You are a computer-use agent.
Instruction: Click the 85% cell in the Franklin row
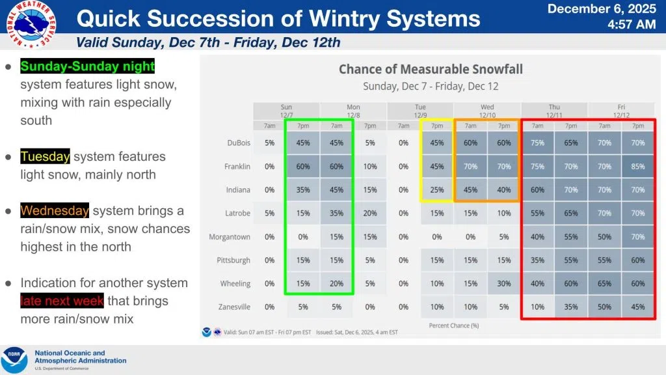pyautogui.click(x=638, y=167)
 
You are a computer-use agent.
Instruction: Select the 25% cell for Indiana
pyautogui.click(x=437, y=190)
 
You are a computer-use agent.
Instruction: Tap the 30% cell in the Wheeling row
pyautogui.click(x=504, y=283)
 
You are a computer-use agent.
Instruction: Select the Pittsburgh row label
pyautogui.click(x=233, y=260)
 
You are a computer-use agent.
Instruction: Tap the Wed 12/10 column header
pyautogui.click(x=487, y=111)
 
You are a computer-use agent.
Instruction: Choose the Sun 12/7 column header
pyautogui.click(x=286, y=111)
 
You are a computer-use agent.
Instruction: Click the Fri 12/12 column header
pyautogui.click(x=621, y=111)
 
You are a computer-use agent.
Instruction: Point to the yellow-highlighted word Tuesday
pyautogui.click(x=45, y=157)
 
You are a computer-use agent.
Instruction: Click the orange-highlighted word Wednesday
pyautogui.click(x=55, y=211)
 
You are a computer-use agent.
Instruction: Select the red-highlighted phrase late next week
pyautogui.click(x=62, y=301)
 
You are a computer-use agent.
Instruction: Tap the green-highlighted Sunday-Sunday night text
pyautogui.click(x=88, y=66)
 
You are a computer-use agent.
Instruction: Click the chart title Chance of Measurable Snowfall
pyautogui.click(x=431, y=69)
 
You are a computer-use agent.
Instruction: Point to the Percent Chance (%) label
pyautogui.click(x=454, y=325)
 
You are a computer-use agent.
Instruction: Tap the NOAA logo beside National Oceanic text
pyautogui.click(x=14, y=360)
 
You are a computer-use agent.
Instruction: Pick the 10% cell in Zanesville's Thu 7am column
pyautogui.click(x=538, y=307)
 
